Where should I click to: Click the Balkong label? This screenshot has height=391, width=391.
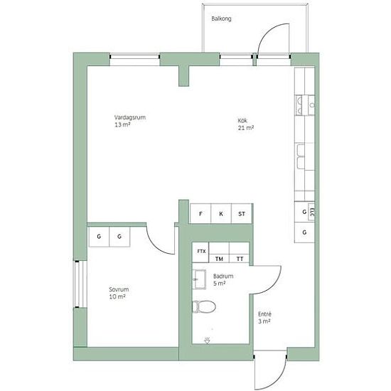pos(221,18)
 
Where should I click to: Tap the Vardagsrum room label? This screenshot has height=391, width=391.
pos(130,121)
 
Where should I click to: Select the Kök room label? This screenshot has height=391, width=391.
pos(246,124)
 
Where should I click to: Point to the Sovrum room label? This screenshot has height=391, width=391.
pos(119,293)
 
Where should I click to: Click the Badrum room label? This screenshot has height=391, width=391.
pos(223,280)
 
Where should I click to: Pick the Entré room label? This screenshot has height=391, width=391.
pos(264,318)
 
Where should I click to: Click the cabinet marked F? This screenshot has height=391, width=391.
pos(200,213)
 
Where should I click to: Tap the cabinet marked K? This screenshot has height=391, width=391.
pos(221,213)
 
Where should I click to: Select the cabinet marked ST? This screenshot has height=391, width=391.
pos(242,213)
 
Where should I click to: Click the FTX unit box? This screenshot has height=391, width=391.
pos(200,252)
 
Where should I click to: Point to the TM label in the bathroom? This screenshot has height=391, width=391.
pos(219,259)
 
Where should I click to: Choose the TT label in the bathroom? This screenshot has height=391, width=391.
pos(240,259)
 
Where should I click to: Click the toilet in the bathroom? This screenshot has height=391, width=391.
pos(204,306)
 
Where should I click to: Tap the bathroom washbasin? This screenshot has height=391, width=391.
pos(199,279)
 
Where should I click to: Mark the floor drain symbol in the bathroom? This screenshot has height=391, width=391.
pos(207,341)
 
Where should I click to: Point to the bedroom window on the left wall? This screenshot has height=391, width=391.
pos(80,284)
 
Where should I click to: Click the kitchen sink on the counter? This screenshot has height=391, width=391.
pos(304,105)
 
